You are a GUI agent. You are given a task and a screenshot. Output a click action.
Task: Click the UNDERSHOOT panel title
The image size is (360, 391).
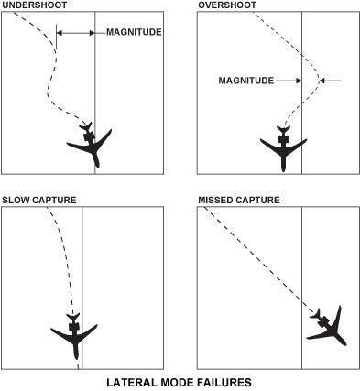(34, 5)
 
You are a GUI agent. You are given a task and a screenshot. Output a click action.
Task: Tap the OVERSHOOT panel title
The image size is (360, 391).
(227, 5)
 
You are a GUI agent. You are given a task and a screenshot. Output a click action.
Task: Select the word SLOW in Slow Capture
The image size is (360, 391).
(16, 200)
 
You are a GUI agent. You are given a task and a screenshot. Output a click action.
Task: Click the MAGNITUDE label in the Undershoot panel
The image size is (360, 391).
(134, 32)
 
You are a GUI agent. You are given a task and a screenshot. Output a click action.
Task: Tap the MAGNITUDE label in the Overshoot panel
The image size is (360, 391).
(246, 81)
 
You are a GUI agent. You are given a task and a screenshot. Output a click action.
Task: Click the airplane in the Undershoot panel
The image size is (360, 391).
(90, 145)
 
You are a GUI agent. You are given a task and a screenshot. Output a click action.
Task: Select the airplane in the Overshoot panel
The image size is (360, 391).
(283, 147)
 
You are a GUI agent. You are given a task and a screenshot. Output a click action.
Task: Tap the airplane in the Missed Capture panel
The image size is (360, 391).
(328, 327)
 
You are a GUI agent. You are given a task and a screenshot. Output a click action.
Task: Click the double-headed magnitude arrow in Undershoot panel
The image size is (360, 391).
(76, 33)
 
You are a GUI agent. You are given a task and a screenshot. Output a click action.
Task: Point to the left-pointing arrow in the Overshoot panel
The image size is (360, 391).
(330, 81)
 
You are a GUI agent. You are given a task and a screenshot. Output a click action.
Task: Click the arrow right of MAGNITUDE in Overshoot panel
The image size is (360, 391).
(289, 81)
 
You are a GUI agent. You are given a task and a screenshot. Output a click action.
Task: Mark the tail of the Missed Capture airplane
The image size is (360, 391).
(316, 314)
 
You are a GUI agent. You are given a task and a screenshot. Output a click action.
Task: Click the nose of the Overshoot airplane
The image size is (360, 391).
(283, 170)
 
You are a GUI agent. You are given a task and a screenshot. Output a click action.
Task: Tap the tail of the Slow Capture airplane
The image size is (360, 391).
(73, 317)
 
